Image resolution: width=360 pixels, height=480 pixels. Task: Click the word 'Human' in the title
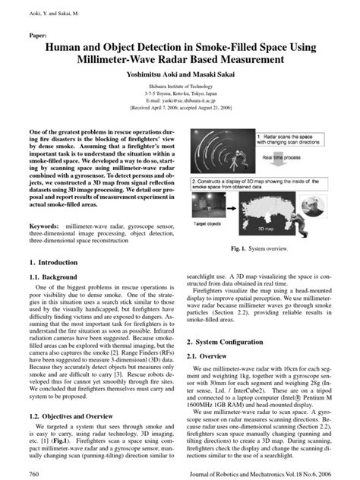67,48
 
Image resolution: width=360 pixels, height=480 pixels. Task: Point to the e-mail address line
179,100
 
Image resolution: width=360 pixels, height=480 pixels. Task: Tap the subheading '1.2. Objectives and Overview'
77,417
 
